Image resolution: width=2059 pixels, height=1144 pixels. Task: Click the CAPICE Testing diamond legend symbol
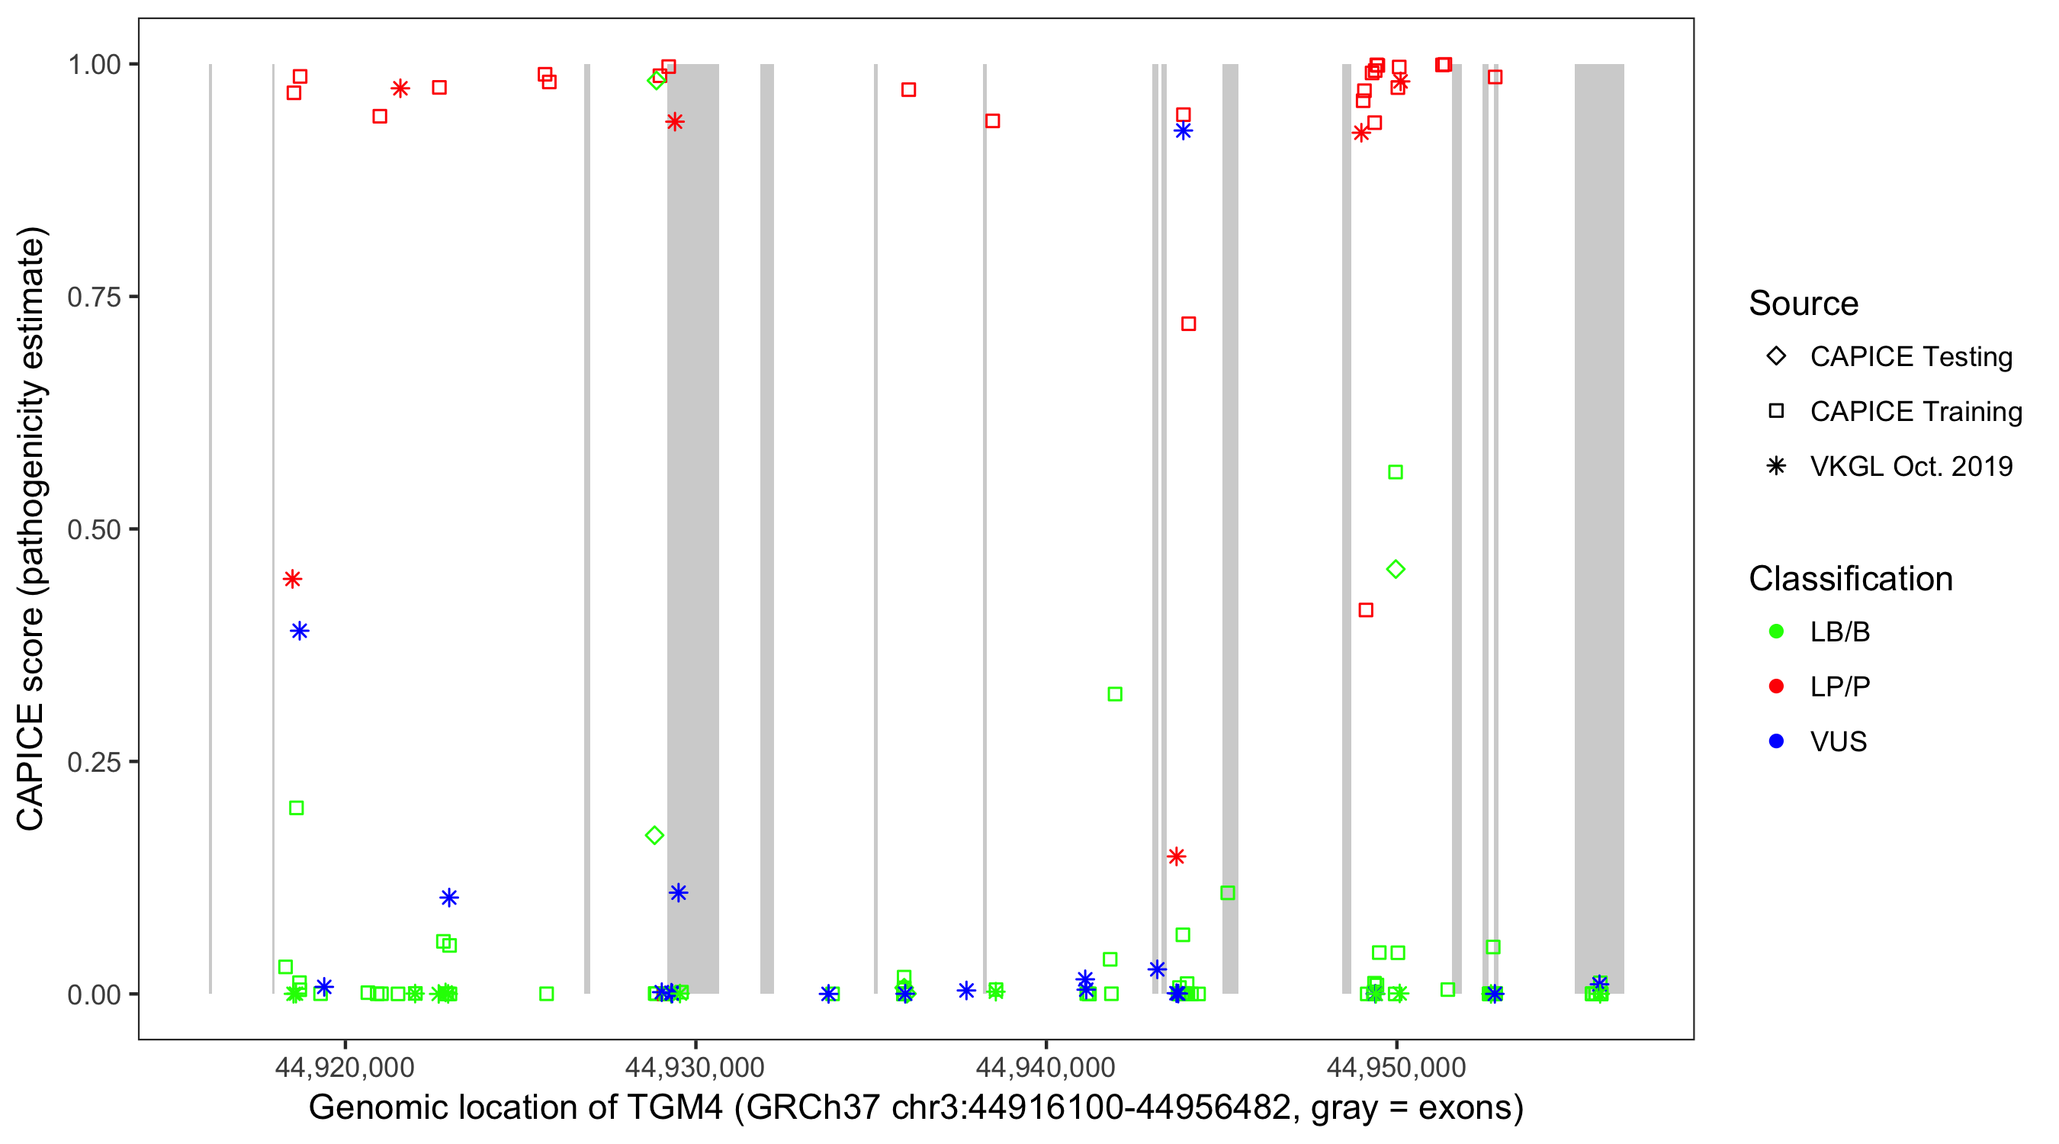point(1776,357)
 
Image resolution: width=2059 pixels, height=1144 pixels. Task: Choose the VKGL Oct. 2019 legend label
point(1911,467)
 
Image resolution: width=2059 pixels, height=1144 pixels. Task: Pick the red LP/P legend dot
point(1776,686)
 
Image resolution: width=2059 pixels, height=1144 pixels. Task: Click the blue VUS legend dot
point(1776,742)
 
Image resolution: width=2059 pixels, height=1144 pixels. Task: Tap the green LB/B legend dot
point(1776,631)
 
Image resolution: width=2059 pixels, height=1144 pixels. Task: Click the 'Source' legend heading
point(1804,304)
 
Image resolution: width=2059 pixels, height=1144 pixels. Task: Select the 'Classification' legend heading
point(1850,579)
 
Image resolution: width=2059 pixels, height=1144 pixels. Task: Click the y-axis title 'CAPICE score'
point(32,529)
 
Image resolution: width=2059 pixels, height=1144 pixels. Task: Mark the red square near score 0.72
point(1189,324)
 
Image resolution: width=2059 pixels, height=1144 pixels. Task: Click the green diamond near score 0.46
point(1396,569)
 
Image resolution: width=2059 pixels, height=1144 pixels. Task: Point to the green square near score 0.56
point(1396,472)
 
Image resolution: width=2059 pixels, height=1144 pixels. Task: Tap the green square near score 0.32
point(1115,694)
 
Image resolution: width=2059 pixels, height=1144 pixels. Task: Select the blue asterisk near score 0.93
point(1183,131)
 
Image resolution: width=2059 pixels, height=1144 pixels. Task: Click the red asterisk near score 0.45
point(293,579)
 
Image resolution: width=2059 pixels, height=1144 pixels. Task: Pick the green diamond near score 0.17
point(654,835)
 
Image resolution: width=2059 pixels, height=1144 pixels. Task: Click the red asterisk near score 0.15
point(1176,856)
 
